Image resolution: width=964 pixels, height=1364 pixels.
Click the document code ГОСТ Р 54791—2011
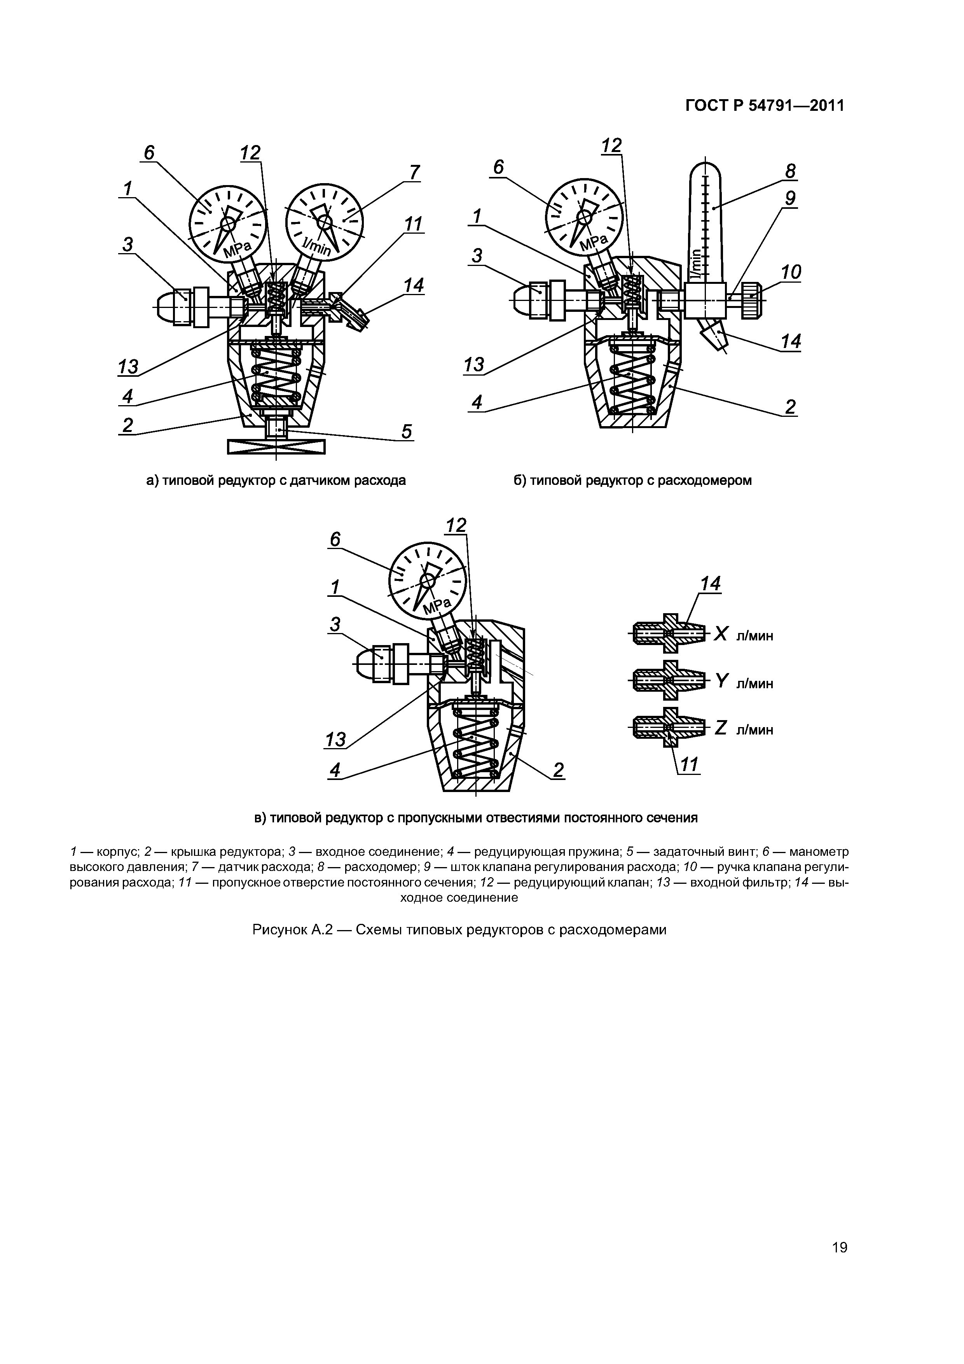coord(765,106)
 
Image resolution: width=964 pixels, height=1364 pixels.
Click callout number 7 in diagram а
coord(414,172)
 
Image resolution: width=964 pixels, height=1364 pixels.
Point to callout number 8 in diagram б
coord(790,171)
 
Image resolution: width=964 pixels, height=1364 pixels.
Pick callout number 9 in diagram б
coord(790,198)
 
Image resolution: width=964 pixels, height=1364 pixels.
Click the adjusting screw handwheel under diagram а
coord(276,446)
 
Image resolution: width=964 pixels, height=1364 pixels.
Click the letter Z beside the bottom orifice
coord(721,728)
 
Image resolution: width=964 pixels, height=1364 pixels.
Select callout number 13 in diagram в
coord(335,740)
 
